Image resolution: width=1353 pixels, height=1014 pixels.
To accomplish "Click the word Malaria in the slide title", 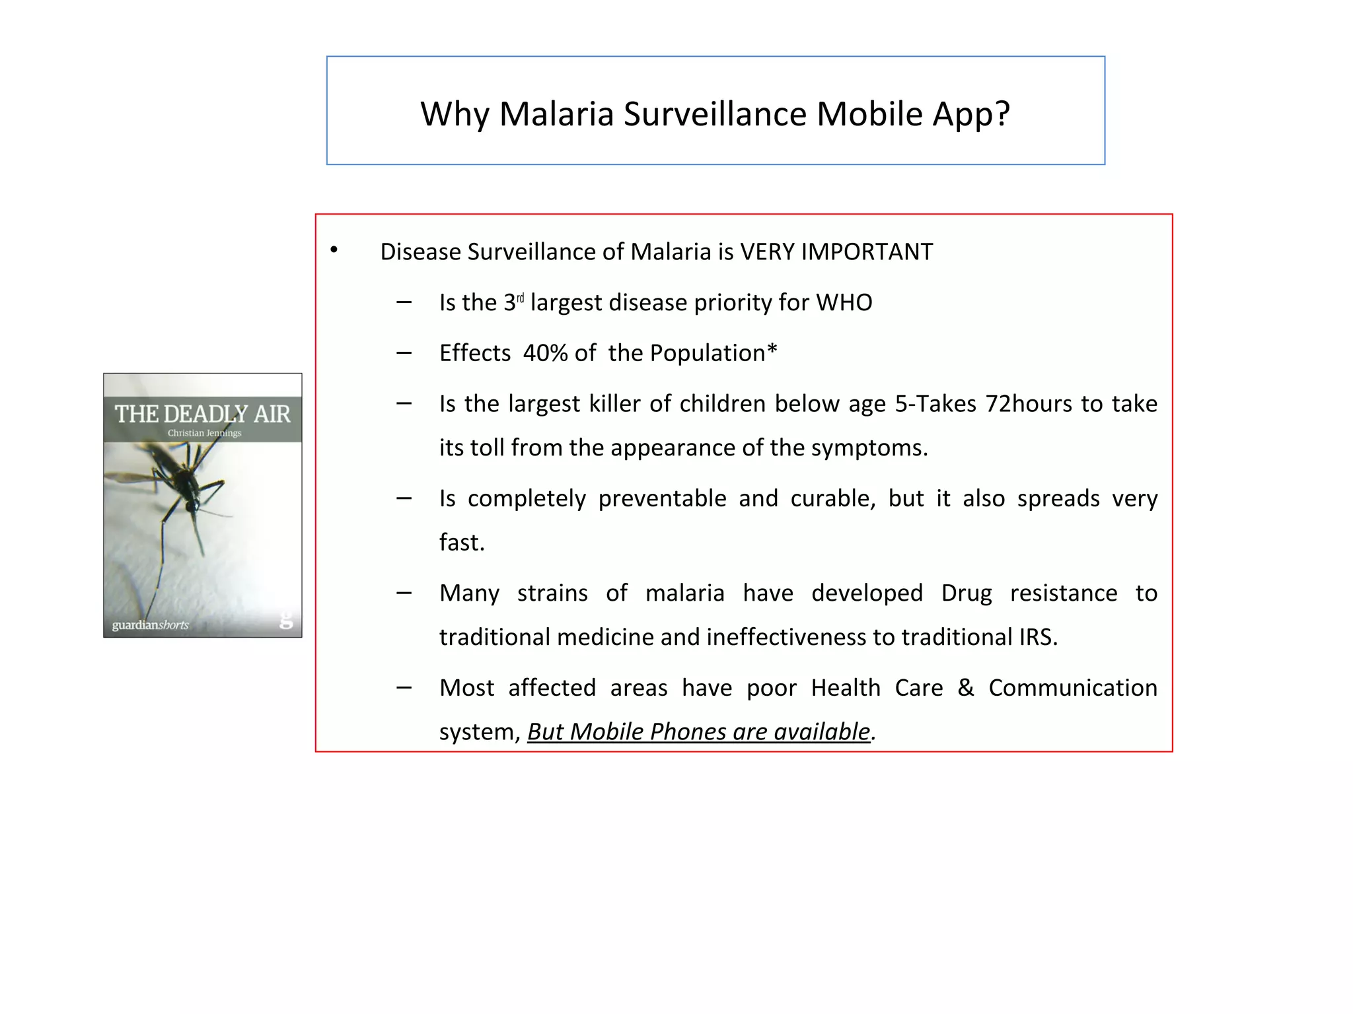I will coord(556,114).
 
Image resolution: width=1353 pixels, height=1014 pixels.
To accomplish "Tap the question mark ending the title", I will coord(1002,114).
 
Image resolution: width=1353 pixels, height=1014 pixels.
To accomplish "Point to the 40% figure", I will coord(545,353).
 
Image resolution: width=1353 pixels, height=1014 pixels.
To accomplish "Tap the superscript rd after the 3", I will coord(520,298).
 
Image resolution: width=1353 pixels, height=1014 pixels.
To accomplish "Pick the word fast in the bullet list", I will coord(460,543).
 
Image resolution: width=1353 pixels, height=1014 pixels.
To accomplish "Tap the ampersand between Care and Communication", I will coord(965,688).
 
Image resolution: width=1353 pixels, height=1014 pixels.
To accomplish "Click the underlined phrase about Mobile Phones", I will coord(698,731).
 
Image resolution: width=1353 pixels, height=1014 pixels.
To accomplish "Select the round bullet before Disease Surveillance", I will coord(334,250).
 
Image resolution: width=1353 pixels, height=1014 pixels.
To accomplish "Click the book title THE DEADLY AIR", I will coord(202,414).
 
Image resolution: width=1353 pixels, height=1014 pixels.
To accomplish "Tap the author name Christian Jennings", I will coord(204,433).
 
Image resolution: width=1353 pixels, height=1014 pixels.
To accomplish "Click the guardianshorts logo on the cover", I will coord(150,625).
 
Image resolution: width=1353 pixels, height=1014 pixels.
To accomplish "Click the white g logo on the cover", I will coord(285,620).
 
